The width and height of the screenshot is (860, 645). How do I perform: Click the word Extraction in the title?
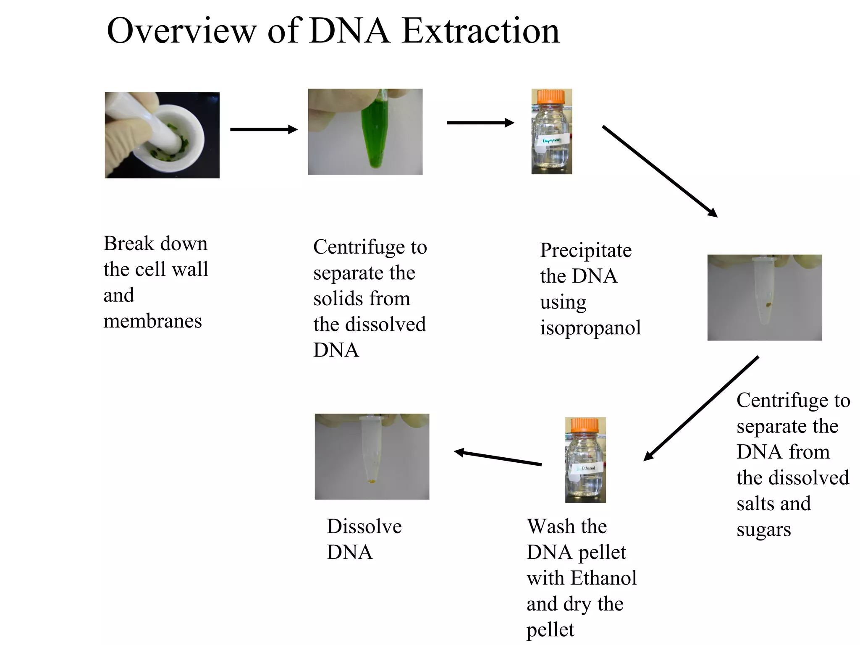pyautogui.click(x=480, y=31)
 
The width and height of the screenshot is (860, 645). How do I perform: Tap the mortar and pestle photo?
pyautogui.click(x=162, y=135)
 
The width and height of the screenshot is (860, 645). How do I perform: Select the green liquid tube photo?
pyautogui.click(x=365, y=131)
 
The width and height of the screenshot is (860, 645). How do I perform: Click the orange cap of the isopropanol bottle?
pyautogui.click(x=551, y=97)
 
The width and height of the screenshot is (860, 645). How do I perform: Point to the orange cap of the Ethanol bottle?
pyautogui.click(x=585, y=425)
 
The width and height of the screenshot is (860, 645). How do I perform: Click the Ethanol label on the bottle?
pyautogui.click(x=588, y=468)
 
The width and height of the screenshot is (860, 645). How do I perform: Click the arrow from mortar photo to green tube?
pyautogui.click(x=264, y=129)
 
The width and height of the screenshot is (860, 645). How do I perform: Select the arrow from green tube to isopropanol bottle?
pyautogui.click(x=480, y=123)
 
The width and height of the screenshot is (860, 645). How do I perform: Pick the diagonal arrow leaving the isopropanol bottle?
pyautogui.click(x=659, y=171)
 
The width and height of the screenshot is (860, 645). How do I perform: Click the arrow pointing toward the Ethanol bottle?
pyautogui.click(x=701, y=408)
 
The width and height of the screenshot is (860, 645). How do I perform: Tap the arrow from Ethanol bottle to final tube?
pyautogui.click(x=498, y=458)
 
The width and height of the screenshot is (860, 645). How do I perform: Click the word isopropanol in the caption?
pyautogui.click(x=590, y=328)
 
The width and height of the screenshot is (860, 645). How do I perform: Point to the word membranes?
pyautogui.click(x=152, y=322)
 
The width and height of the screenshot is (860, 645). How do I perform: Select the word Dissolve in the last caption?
pyautogui.click(x=364, y=527)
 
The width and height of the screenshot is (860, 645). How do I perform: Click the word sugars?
pyautogui.click(x=763, y=530)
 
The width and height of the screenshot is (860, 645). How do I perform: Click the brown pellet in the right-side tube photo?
pyautogui.click(x=768, y=304)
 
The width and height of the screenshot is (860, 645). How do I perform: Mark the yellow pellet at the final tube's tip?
pyautogui.click(x=372, y=482)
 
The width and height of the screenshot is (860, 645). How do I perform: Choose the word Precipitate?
pyautogui.click(x=585, y=251)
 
